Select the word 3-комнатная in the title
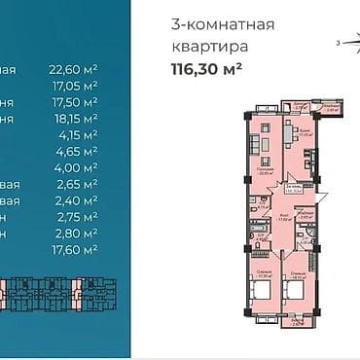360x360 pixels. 222,23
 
